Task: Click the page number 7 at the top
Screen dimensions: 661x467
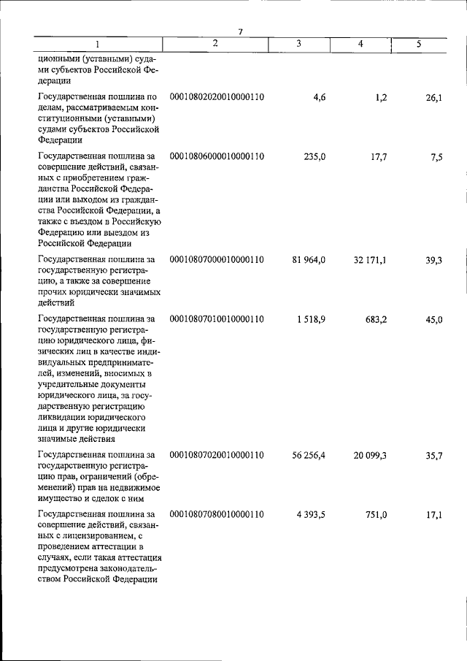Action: click(x=240, y=30)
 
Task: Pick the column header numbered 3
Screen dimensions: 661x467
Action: click(x=299, y=44)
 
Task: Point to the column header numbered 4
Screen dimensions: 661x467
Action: click(x=360, y=45)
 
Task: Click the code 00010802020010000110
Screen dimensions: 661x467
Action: click(x=216, y=96)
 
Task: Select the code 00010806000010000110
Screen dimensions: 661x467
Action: click(x=216, y=156)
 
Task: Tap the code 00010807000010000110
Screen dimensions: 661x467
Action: click(x=216, y=259)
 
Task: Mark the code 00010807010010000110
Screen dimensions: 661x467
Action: click(x=216, y=319)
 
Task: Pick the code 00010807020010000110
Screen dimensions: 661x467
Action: click(x=216, y=455)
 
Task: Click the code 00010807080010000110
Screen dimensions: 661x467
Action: click(x=216, y=515)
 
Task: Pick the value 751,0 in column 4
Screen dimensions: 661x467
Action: click(x=375, y=515)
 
